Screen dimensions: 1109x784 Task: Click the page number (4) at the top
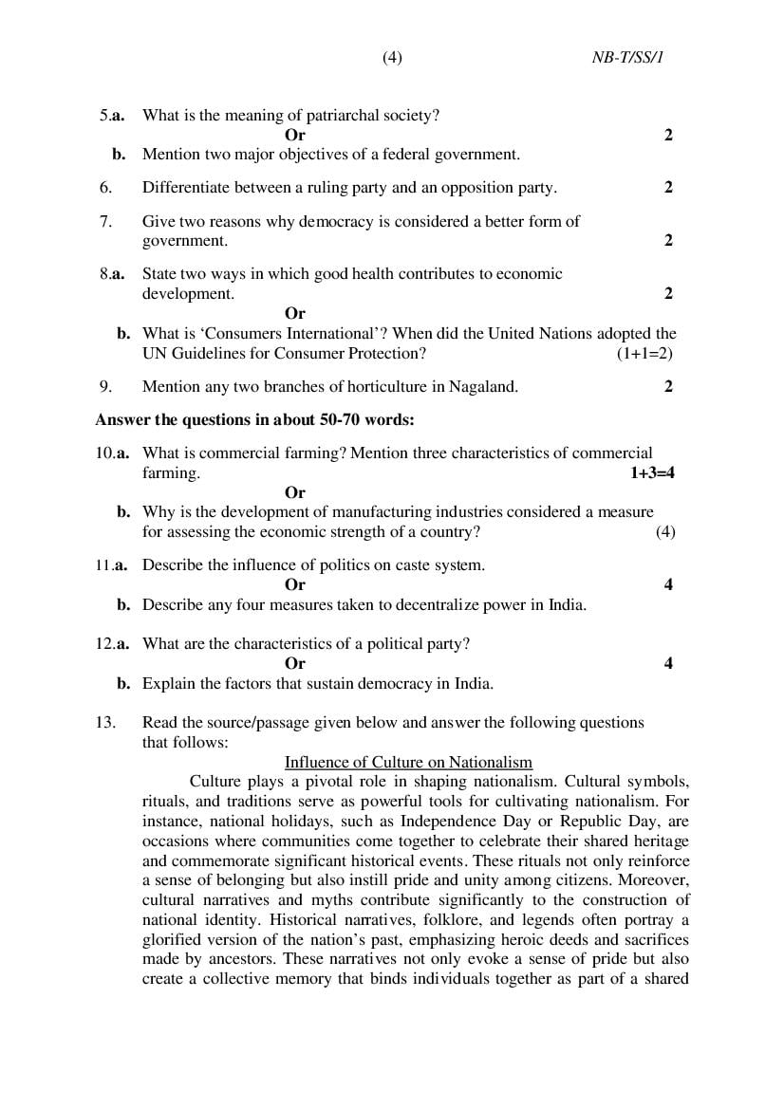pos(392,58)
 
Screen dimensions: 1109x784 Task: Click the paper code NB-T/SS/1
pos(627,58)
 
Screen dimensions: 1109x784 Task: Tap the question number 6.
pos(105,187)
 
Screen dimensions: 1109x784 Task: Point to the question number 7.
pos(105,221)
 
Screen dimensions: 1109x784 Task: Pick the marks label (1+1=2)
pos(644,353)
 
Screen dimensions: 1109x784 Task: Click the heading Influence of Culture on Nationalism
pos(408,762)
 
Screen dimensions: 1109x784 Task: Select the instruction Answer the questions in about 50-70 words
pos(254,419)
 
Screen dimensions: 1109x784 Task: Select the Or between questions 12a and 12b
pos(295,663)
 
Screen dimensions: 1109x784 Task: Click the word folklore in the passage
pos(444,919)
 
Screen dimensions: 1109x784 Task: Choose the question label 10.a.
pos(112,453)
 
